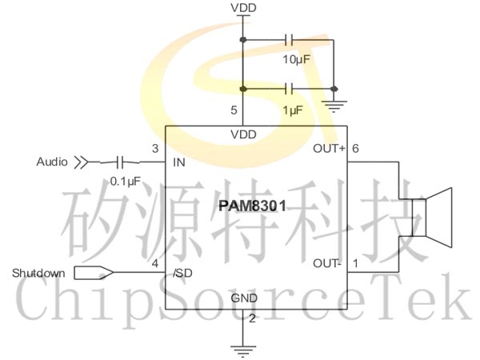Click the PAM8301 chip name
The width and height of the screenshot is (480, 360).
pyautogui.click(x=252, y=207)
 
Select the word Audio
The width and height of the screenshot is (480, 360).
pyautogui.click(x=52, y=162)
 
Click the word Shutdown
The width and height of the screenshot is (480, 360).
pyautogui.click(x=38, y=274)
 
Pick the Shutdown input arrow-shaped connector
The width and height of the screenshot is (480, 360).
pyautogui.click(x=93, y=274)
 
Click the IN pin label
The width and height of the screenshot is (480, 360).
pyautogui.click(x=179, y=162)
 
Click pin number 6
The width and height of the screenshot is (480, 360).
pyautogui.click(x=355, y=149)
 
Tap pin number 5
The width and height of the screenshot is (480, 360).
pyautogui.click(x=234, y=110)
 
